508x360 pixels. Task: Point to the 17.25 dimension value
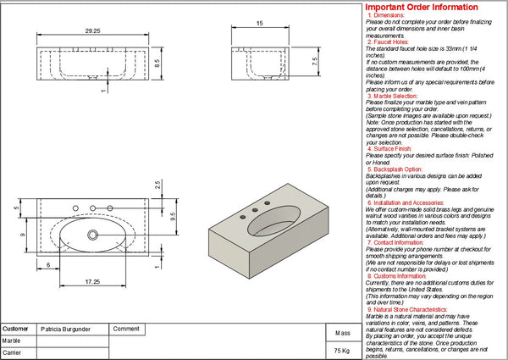[93, 280]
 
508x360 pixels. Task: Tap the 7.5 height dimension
[314, 62]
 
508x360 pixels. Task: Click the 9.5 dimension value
[173, 215]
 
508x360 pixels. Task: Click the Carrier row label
[12, 352]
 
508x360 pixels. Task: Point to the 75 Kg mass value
[341, 350]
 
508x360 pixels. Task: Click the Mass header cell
[342, 333]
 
